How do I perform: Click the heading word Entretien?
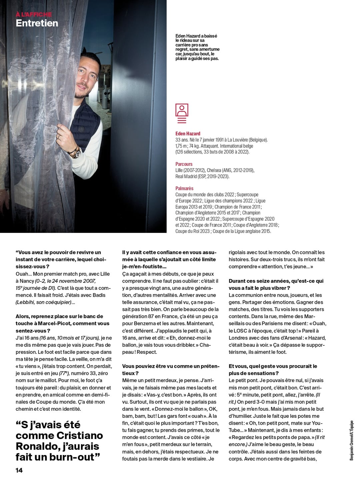37,23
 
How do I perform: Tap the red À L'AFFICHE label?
34,14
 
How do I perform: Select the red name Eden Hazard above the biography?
188,134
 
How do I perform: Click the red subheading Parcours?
184,164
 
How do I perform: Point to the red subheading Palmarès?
184,188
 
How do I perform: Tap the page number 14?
19,470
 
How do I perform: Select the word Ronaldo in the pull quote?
37,446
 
